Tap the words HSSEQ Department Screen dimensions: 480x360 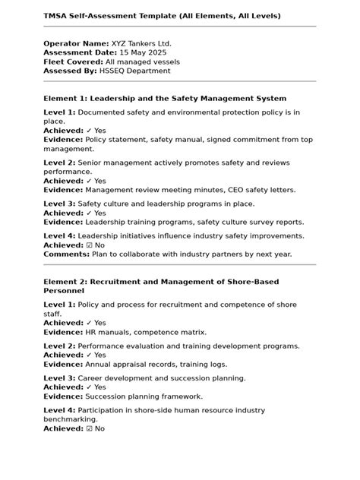pyautogui.click(x=134, y=71)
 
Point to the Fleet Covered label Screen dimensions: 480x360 pyautogui.click(x=73, y=62)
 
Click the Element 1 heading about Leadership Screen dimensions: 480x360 pyautogui.click(x=165, y=99)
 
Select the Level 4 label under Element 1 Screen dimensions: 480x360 pyautogui.click(x=59, y=237)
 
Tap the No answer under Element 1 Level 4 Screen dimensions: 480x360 pyautogui.click(x=99, y=246)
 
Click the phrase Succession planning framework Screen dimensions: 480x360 pyautogui.click(x=144, y=396)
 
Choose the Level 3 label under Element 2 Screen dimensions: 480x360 pyautogui.click(x=59, y=378)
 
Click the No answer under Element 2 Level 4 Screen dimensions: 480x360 pyautogui.click(x=99, y=428)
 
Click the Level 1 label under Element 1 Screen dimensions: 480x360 pyautogui.click(x=59, y=112)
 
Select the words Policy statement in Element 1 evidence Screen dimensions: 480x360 pyautogui.click(x=118, y=141)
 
